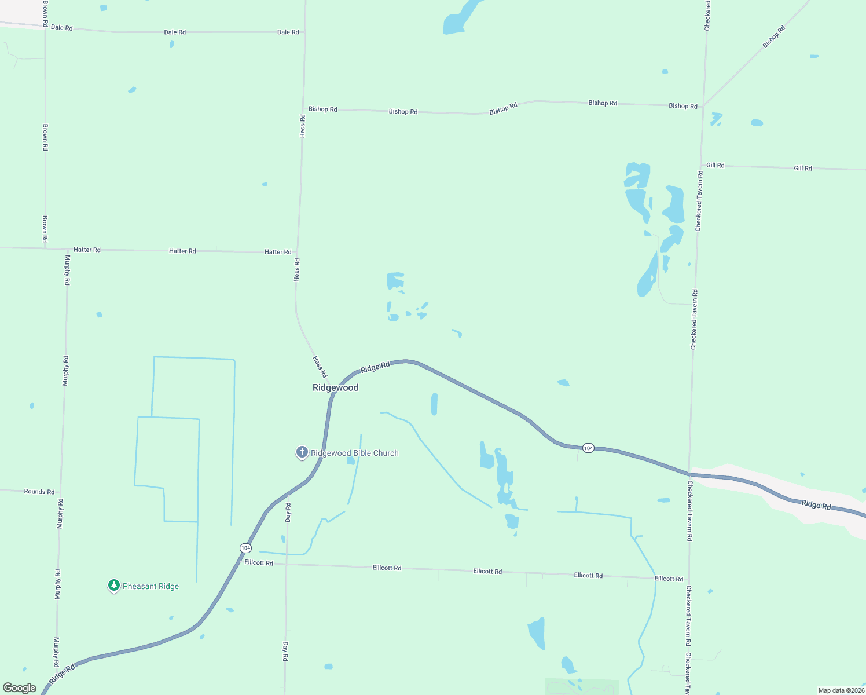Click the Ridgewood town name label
coord(335,388)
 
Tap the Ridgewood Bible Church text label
coord(354,453)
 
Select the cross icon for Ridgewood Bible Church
coord(302,452)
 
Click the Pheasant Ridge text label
coord(151,587)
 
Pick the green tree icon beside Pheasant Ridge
coord(114,586)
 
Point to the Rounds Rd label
coord(39,492)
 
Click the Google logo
coord(20,688)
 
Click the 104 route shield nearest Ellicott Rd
coord(245,548)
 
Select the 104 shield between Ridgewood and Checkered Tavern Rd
coord(588,448)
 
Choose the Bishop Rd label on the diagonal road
coord(773,37)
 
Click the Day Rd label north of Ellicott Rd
coord(288,513)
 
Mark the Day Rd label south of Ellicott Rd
coord(285,651)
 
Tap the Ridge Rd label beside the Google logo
coord(63,674)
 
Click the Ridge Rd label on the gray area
coord(816,505)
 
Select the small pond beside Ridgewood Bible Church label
coord(351,461)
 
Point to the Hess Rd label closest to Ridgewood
coord(320,367)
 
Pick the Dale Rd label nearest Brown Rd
coord(61,28)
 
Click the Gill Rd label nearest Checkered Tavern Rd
coord(715,166)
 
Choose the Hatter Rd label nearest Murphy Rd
coord(87,250)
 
